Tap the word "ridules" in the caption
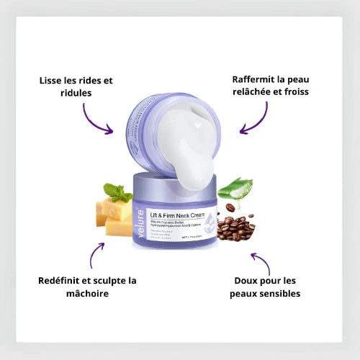(x=67, y=94)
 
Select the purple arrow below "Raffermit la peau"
(x=254, y=119)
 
